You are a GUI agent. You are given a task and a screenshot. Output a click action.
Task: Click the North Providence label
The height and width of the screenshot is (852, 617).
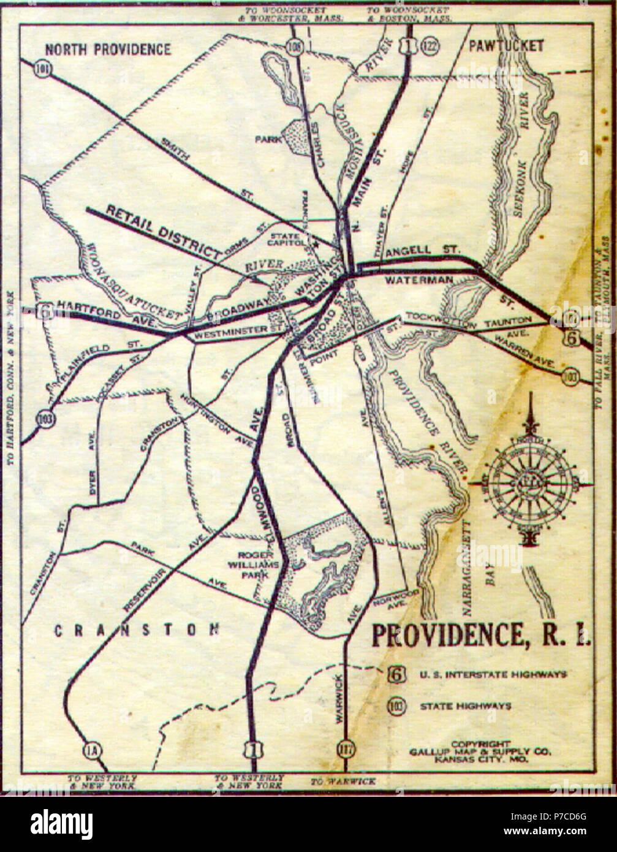108,50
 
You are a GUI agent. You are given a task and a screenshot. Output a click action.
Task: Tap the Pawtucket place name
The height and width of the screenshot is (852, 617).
505,47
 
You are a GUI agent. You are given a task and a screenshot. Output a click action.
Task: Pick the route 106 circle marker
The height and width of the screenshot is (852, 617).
296,45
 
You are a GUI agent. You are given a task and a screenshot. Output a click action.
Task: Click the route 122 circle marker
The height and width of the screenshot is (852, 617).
426,46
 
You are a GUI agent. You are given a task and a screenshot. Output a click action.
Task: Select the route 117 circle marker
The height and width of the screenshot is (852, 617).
345,749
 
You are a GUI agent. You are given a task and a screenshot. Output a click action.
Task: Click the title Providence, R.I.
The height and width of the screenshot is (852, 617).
482,636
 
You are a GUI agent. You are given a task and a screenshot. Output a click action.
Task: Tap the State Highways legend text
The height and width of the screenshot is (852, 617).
465,706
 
